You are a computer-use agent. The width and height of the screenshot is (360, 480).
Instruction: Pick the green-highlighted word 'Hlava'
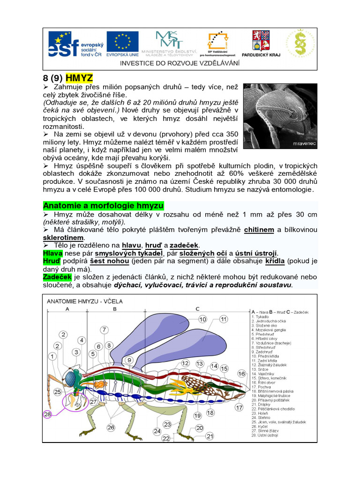(52, 253)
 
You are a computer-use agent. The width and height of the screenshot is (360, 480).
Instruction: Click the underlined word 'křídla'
(275, 261)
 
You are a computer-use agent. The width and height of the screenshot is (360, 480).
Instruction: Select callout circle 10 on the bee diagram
(202, 319)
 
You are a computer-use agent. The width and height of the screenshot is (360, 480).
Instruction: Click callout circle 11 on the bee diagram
(223, 319)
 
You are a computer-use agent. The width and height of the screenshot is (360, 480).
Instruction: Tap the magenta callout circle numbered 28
(47, 414)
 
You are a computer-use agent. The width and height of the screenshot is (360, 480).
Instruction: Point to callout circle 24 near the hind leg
(157, 431)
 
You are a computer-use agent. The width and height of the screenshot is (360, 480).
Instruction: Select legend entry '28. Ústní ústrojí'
(265, 435)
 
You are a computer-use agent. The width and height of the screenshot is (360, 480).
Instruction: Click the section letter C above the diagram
(197, 309)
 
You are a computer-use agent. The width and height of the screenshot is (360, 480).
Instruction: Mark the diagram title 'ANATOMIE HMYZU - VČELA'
(84, 301)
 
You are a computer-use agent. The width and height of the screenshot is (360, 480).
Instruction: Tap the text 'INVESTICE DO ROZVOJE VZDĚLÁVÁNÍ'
(180, 63)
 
